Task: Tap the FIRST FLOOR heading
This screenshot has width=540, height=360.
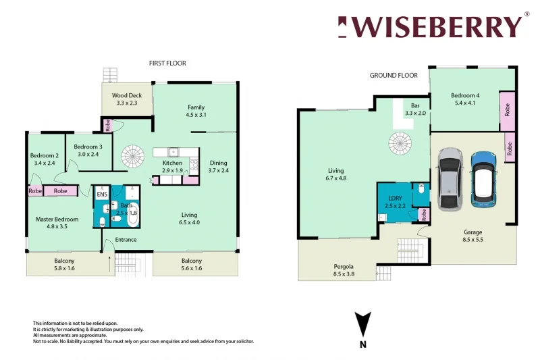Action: coord(167,63)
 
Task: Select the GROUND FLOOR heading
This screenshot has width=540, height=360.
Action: coord(394,76)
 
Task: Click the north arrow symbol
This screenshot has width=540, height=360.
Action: coord(363,324)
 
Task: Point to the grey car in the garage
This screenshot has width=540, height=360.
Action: coord(450,179)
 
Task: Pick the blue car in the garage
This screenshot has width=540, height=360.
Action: coord(483,178)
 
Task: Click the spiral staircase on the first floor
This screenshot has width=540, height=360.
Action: coord(134,157)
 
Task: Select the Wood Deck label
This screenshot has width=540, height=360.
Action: coord(127,96)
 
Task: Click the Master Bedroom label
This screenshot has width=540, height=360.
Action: coord(57,220)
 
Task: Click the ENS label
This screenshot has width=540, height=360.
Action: coord(102,195)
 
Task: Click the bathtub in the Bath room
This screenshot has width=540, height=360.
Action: coord(132,213)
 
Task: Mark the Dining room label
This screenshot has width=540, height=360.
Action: coord(218,163)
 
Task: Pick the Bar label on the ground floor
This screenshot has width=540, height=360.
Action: coord(415,105)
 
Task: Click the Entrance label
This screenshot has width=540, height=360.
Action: coord(126,240)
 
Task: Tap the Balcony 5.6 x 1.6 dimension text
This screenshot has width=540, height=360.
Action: coord(192,269)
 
